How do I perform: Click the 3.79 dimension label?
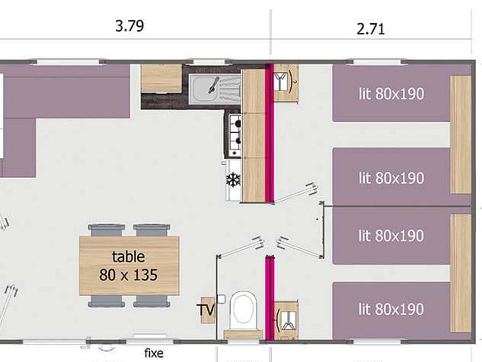point(130,26)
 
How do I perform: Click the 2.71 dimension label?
point(371,29)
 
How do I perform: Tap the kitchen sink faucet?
point(214,85)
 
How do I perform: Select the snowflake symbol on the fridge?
point(234,180)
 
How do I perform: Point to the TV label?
point(206,309)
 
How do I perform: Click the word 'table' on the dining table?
point(129,257)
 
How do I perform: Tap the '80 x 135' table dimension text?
point(129,275)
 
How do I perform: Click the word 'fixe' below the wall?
point(154,353)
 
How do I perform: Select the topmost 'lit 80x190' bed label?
point(391,93)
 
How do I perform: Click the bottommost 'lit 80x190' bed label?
point(391,309)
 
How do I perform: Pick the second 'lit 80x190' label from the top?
point(391,178)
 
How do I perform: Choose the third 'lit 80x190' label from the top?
point(391,235)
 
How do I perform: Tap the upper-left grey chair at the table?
point(107,230)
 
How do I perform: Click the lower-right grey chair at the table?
point(152,301)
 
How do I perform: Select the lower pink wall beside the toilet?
point(269,298)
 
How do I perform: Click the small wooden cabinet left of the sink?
point(161,78)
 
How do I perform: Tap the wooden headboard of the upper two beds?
point(461,135)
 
